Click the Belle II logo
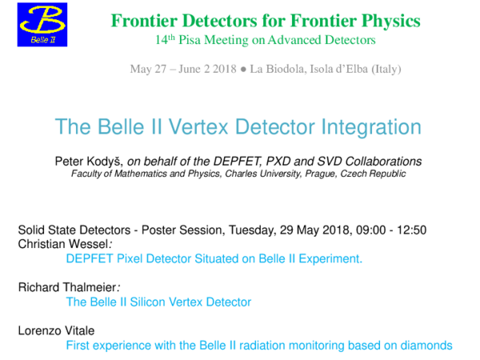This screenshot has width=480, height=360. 42,24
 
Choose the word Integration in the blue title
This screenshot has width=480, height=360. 369,126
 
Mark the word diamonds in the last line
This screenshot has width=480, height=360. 426,345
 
